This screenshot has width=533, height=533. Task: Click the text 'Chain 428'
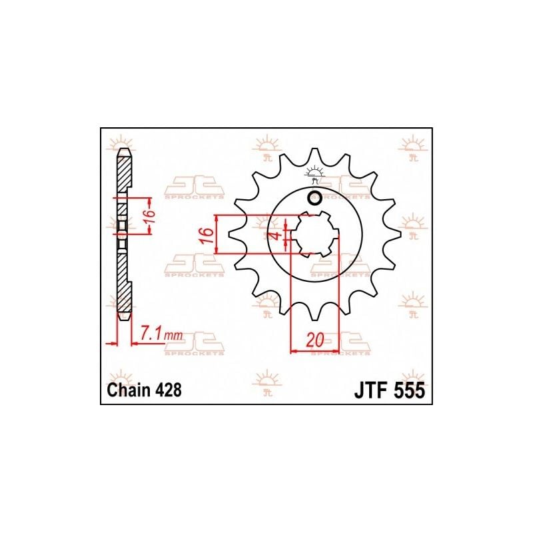pos(144,390)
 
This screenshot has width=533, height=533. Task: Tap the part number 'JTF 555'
pos(390,390)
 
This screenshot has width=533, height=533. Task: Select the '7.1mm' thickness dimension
pos(161,335)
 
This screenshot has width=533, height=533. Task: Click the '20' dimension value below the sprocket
pos(314,340)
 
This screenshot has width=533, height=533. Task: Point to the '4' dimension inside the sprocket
pos(276,235)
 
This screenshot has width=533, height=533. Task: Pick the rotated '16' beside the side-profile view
pos(149,215)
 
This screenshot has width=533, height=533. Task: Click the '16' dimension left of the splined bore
pos(207,235)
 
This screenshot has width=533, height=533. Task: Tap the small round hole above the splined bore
pos(314,199)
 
